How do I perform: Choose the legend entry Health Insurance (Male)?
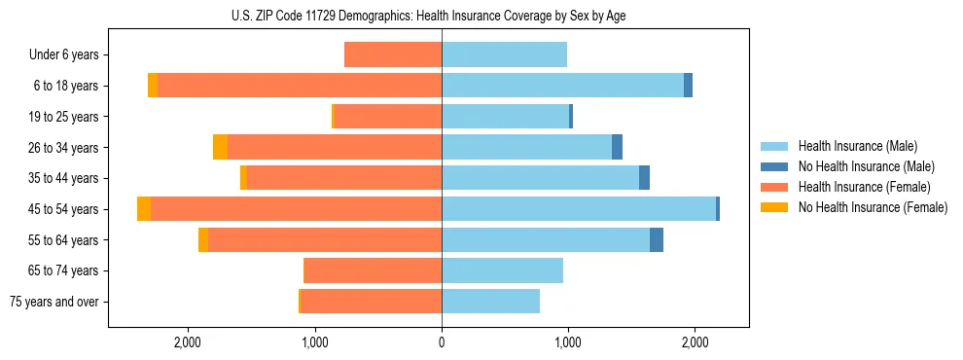(852, 146)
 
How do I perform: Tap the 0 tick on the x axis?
(442, 342)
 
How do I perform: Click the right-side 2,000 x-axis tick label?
(695, 342)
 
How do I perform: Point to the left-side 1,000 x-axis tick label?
(315, 342)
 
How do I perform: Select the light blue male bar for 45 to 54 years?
(579, 209)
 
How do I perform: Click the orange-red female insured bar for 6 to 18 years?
(300, 86)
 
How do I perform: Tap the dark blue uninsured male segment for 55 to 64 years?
(657, 239)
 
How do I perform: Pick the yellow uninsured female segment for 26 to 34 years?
(220, 147)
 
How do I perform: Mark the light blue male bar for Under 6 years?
(504, 55)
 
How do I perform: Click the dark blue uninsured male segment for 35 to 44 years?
(644, 178)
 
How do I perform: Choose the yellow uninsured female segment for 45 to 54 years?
(144, 209)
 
